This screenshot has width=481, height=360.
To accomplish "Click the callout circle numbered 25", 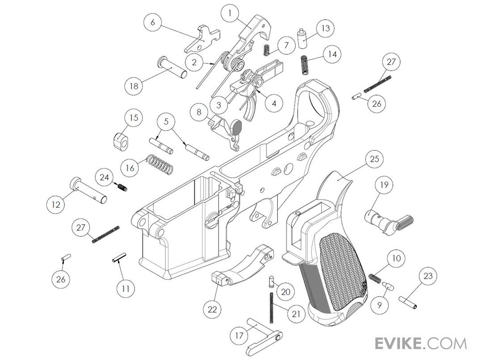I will click(374, 159).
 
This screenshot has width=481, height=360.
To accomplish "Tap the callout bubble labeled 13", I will click(325, 28).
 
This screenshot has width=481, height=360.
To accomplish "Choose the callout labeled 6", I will click(152, 22).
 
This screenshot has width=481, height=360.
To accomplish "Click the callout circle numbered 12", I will click(55, 205).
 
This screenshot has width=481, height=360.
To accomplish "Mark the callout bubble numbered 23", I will click(428, 276).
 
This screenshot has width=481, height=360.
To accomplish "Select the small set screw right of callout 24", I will click(122, 187).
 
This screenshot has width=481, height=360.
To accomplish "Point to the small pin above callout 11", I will click(119, 258).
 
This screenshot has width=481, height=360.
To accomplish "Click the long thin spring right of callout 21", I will click(272, 307).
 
